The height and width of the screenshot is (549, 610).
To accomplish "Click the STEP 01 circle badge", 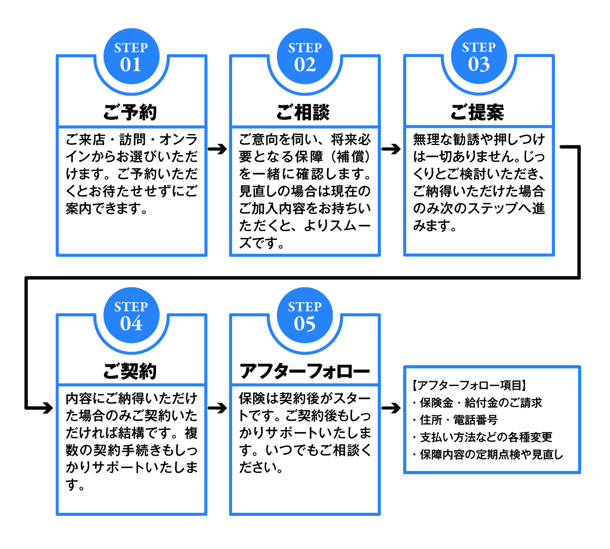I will tap(131, 57).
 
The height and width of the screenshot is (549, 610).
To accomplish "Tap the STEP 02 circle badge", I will tap(305, 57).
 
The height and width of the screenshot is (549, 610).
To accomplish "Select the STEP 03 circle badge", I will tap(479, 57).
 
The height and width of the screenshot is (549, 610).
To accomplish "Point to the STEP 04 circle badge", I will tap(131, 316).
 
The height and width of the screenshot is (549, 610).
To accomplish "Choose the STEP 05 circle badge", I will tap(305, 316).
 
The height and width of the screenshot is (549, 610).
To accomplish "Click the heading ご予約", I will tap(131, 112).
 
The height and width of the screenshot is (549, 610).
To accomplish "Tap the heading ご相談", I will tap(304, 112).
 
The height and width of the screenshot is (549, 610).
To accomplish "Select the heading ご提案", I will tap(478, 112).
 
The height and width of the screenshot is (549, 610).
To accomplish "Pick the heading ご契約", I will tap(131, 372).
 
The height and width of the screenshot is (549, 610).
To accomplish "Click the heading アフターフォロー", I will tap(305, 372).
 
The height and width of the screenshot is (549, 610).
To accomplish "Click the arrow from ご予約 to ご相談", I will tap(218, 149).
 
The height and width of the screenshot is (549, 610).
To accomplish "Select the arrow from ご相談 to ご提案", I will tap(392, 149).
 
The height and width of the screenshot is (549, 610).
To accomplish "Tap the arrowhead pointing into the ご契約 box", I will tap(46, 408).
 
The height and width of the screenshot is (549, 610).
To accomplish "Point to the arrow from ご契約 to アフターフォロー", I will tap(218, 408).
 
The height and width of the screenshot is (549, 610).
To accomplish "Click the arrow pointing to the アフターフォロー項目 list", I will tap(392, 408).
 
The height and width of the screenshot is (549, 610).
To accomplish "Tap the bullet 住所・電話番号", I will tap(458, 420).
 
